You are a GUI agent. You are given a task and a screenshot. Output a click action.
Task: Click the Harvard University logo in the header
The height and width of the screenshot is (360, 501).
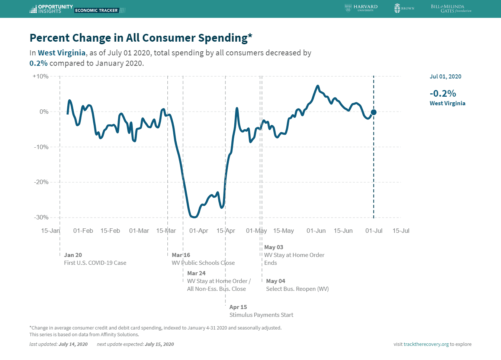[361, 8]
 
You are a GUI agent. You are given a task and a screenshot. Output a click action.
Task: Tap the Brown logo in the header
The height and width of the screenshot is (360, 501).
[404, 8]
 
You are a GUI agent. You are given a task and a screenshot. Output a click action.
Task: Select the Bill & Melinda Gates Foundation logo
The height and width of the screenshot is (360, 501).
[451, 9]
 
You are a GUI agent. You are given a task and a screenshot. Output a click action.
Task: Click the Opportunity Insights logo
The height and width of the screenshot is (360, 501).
[51, 9]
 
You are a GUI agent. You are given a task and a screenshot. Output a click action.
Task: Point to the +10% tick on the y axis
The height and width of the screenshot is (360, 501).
[41, 76]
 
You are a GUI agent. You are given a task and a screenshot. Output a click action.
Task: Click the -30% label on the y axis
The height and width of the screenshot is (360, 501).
[41, 217]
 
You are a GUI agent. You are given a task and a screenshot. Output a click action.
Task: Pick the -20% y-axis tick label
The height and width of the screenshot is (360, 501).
[41, 182]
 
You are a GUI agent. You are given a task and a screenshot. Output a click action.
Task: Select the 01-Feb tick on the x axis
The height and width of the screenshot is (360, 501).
[83, 231]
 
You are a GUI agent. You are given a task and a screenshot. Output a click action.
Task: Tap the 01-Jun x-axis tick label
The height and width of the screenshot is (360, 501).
[316, 231]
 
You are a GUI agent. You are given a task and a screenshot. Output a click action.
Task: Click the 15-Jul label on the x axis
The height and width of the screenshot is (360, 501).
[401, 231]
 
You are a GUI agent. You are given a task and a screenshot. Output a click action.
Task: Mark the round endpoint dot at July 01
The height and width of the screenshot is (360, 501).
[373, 112]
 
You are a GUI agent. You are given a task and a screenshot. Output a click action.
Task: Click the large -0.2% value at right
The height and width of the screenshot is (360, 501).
[443, 93]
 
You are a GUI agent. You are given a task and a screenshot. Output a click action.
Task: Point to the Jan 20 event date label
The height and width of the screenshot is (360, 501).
[73, 255]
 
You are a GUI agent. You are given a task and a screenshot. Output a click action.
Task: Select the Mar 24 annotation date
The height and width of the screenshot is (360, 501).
[196, 273]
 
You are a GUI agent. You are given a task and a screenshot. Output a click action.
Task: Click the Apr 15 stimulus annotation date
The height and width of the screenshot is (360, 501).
[238, 307]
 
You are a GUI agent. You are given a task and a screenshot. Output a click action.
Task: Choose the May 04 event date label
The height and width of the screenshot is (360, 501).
[276, 281]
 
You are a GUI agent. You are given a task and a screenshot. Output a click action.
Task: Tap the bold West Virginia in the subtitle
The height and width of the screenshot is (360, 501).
[62, 53]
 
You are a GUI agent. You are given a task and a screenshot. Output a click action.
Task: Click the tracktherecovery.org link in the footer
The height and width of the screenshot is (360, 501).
[426, 344]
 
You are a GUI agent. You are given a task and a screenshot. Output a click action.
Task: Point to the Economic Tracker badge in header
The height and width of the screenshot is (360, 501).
[96, 10]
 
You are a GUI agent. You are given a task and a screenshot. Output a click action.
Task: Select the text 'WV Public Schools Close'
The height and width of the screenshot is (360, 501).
[203, 263]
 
